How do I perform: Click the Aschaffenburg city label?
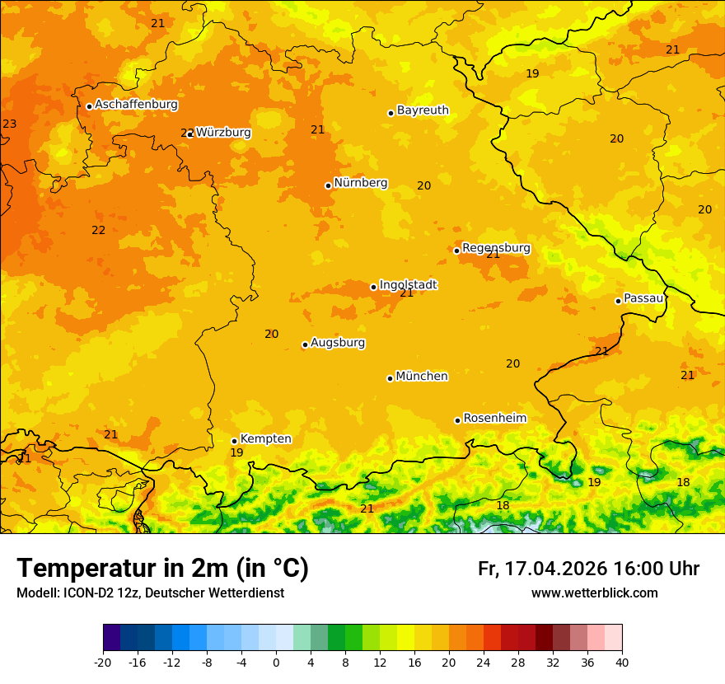(136, 105)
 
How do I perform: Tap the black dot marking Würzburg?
(190, 134)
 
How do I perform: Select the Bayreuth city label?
(423, 110)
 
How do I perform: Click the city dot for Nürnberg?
(328, 185)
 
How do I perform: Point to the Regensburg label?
(496, 248)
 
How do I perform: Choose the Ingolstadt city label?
(408, 285)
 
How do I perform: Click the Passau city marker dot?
(618, 301)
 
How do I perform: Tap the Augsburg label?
(338, 343)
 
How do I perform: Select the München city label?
(422, 377)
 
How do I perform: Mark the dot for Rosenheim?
(457, 420)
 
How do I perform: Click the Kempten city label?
(265, 439)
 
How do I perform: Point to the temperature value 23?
(9, 124)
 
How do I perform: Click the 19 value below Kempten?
(236, 453)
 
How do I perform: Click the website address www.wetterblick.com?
(594, 593)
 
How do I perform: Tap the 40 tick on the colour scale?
(622, 663)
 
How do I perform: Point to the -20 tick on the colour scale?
(103, 663)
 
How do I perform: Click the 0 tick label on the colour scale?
(276, 663)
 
